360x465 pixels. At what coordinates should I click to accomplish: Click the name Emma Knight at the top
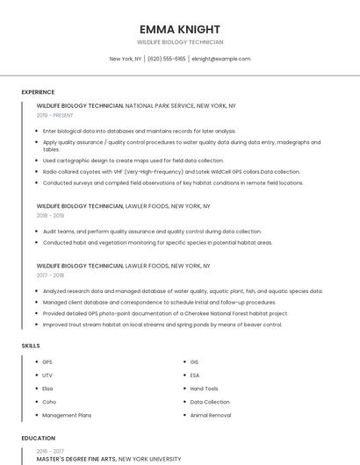click(x=180, y=29)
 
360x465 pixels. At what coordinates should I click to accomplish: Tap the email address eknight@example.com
click(x=221, y=59)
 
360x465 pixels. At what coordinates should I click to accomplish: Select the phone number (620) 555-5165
click(x=166, y=59)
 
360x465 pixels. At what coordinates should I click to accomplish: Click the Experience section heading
click(x=38, y=92)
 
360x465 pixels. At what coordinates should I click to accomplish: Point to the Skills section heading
click(x=31, y=346)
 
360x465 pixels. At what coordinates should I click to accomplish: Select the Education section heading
click(x=38, y=438)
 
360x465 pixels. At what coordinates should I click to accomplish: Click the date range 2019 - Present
click(x=54, y=115)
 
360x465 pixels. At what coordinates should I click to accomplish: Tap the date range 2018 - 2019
click(x=50, y=215)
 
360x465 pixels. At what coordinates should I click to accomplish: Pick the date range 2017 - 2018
click(x=50, y=275)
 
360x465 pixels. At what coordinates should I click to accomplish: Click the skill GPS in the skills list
click(x=47, y=361)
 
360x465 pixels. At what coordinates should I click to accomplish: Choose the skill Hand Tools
click(x=204, y=389)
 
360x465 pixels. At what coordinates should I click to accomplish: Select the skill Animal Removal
click(x=210, y=415)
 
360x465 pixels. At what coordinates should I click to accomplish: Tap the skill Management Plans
click(x=67, y=415)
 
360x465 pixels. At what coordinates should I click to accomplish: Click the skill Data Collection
click(x=210, y=402)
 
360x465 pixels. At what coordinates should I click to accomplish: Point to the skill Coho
click(x=48, y=402)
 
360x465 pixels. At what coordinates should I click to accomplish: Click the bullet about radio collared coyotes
click(x=171, y=172)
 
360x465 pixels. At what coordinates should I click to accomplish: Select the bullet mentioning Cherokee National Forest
click(x=165, y=313)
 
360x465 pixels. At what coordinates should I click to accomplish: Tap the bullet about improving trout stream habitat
click(x=162, y=325)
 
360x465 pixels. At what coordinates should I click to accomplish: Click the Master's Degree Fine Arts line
click(x=109, y=459)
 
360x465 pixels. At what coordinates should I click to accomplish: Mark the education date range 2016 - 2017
click(x=50, y=450)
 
